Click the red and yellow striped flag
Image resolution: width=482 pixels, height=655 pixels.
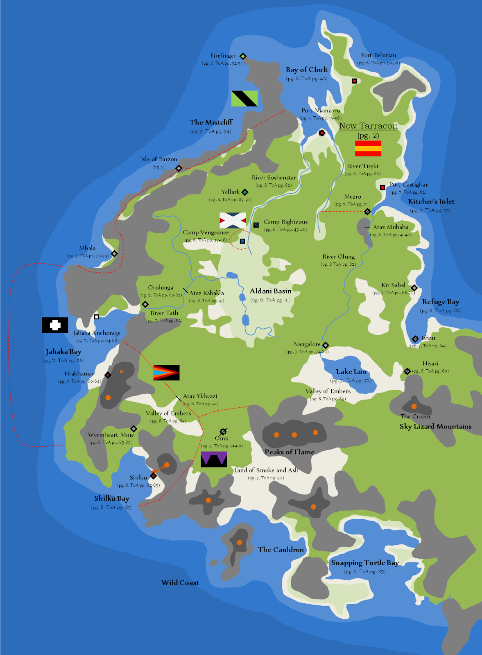click(x=368, y=148)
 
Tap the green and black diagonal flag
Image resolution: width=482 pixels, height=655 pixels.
click(x=244, y=99)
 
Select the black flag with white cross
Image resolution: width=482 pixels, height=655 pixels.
click(x=55, y=325)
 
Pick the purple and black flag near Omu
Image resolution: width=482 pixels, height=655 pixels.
click(x=214, y=459)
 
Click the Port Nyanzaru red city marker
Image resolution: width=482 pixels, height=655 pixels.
click(x=322, y=133)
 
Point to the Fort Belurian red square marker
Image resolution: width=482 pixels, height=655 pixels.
click(x=355, y=81)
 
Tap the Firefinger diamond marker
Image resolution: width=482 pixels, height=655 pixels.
click(x=243, y=56)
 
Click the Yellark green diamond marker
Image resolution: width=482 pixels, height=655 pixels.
click(x=245, y=192)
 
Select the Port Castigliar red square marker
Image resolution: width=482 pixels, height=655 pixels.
click(x=382, y=187)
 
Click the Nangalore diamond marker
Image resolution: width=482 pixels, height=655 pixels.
click(x=326, y=345)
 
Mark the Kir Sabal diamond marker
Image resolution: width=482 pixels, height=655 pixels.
click(x=414, y=288)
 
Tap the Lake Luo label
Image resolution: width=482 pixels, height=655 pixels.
click(x=351, y=372)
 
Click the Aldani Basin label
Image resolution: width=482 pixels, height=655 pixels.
click(x=271, y=291)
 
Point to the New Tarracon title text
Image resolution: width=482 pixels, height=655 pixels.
click(x=368, y=126)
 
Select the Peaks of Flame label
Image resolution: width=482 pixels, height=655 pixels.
click(x=290, y=452)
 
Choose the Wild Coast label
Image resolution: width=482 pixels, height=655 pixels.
click(x=180, y=583)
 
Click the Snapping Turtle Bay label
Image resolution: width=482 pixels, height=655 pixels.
click(x=364, y=563)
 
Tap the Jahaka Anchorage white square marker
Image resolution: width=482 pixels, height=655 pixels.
click(x=97, y=317)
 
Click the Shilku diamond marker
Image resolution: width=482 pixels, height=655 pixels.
click(x=154, y=476)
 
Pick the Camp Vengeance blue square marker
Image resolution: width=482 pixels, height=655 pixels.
click(x=242, y=241)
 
